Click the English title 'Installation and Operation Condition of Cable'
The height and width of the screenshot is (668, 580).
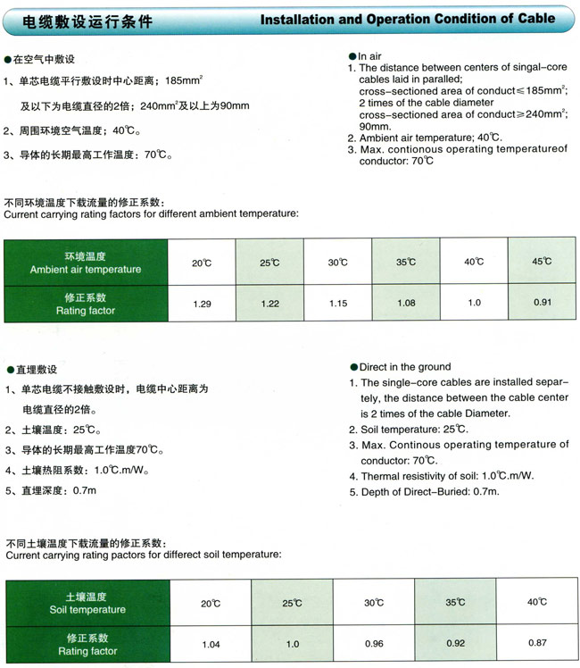407,18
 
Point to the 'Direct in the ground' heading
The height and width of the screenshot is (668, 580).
403,367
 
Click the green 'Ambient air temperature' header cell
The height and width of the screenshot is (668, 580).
86,263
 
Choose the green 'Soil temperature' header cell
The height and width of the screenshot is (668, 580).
86,603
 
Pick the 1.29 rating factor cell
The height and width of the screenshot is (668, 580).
202,304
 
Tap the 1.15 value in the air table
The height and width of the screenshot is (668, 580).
337,304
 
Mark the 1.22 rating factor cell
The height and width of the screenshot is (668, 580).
269,304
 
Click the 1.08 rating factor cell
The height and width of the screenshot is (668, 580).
406,303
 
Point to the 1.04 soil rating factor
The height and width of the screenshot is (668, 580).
211,644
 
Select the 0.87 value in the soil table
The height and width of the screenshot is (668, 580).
536,643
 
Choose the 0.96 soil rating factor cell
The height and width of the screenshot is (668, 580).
373,644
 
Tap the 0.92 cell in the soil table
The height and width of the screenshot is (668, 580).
456,643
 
